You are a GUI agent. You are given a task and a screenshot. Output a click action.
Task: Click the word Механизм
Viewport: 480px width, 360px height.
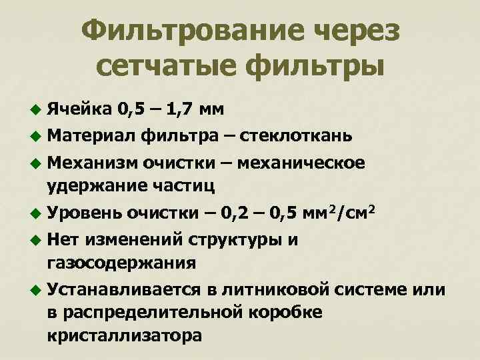pyautogui.click(x=92, y=164)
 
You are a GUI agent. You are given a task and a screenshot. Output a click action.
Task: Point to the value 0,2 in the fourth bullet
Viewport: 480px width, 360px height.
pyautogui.click(x=243, y=213)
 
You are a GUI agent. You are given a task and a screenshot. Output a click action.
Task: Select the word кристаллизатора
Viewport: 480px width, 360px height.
pyautogui.click(x=124, y=335)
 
